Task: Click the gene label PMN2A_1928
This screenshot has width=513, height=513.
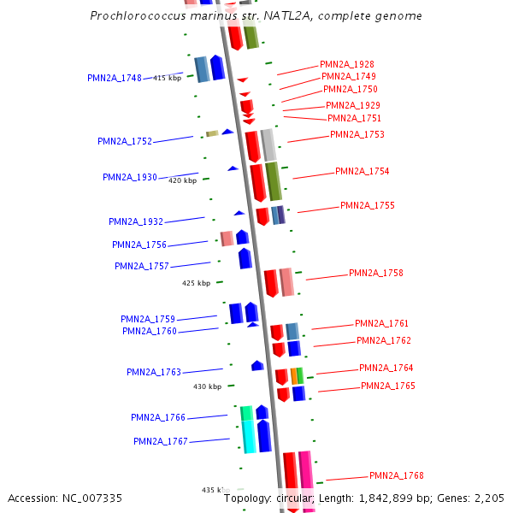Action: tap(346, 64)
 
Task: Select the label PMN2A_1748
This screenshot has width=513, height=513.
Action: tap(115, 78)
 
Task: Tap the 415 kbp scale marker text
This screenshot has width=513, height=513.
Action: tap(167, 78)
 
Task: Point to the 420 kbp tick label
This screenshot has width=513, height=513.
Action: tap(182, 180)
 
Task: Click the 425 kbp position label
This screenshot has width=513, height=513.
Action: tap(196, 283)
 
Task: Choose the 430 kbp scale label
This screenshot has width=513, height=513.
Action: tap(207, 386)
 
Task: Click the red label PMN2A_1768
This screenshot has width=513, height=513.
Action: tap(396, 475)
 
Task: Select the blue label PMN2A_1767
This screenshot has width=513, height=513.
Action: tap(160, 441)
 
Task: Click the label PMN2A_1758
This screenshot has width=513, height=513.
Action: tap(375, 273)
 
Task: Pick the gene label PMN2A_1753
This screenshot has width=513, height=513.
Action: tap(357, 134)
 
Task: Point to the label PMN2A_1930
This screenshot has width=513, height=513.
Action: tap(130, 177)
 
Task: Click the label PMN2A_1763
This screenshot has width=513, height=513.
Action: tap(154, 372)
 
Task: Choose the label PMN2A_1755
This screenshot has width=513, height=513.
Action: tap(367, 205)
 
